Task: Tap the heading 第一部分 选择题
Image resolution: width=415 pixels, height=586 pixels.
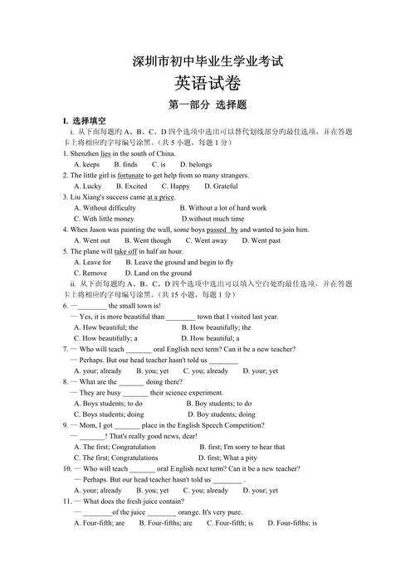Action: coord(207,105)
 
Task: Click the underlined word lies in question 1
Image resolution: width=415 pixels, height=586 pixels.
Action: coord(105,154)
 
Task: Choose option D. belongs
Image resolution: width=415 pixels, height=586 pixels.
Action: coord(196,165)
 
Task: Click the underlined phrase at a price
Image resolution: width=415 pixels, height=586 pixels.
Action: coord(161,197)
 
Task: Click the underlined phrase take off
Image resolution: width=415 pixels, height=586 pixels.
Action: coord(126,251)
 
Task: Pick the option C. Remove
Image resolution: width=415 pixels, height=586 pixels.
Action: coord(90,273)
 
